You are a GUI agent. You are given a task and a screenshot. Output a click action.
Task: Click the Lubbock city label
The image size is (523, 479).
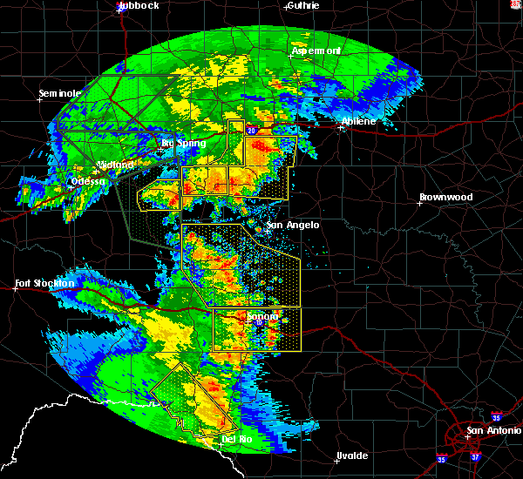[139, 5]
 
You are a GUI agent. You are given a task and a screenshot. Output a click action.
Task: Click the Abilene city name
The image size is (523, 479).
[358, 121]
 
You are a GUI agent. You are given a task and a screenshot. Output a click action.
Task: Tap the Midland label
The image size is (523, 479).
[115, 165]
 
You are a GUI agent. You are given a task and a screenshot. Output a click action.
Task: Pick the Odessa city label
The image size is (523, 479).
[87, 181]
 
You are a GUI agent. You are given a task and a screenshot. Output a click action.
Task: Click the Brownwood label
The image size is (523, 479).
[445, 197]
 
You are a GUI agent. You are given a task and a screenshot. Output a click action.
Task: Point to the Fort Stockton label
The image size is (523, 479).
[45, 283]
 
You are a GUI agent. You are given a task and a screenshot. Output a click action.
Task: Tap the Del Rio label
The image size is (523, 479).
[235, 440]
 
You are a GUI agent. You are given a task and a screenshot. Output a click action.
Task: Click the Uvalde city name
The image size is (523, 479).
[352, 455]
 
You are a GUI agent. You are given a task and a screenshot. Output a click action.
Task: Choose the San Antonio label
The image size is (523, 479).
[493, 431]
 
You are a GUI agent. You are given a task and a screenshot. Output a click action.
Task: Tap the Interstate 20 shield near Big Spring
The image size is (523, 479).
[250, 131]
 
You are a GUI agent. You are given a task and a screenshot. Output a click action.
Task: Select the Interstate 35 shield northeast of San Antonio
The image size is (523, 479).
[498, 417]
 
